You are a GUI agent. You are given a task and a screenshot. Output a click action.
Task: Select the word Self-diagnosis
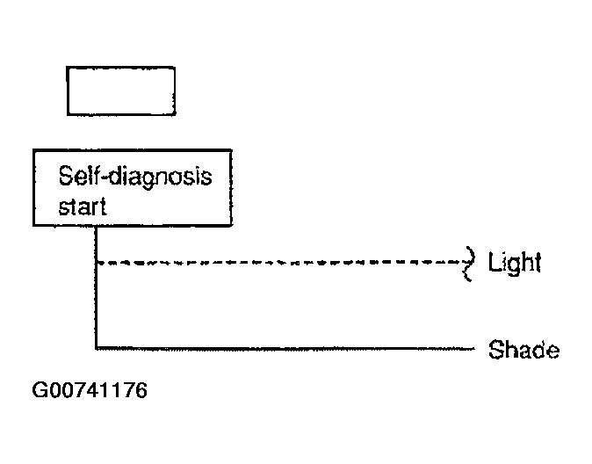pyautogui.click(x=135, y=177)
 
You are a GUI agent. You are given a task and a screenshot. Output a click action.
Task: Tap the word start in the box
pyautogui.click(x=83, y=207)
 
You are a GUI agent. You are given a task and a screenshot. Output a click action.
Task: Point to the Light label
pyautogui.click(x=514, y=262)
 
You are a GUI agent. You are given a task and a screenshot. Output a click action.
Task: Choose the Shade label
pyautogui.click(x=523, y=350)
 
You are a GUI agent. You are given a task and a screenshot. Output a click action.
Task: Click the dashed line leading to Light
pyautogui.click(x=279, y=262)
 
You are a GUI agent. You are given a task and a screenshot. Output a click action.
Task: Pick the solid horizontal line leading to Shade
pyautogui.click(x=285, y=348)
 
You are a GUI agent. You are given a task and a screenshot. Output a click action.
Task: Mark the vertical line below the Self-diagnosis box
pyautogui.click(x=96, y=287)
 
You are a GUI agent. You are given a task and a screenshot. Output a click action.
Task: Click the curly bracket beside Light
pyautogui.click(x=469, y=264)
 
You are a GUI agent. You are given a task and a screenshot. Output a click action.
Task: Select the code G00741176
pyautogui.click(x=90, y=390)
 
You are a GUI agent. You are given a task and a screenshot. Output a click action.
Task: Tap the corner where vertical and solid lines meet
pyautogui.click(x=96, y=348)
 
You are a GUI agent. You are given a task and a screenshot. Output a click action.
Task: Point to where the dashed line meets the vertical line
pyautogui.click(x=97, y=262)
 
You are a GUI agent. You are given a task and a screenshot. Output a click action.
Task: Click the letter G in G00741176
pyautogui.click(x=40, y=390)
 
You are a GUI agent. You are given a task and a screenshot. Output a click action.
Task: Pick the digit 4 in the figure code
pyautogui.click(x=90, y=390)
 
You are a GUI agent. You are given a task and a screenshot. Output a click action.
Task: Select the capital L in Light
pyautogui.click(x=495, y=262)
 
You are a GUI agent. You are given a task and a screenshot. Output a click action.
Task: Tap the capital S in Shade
pyautogui.click(x=496, y=350)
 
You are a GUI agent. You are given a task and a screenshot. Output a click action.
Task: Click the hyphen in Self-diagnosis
pyautogui.click(x=104, y=178)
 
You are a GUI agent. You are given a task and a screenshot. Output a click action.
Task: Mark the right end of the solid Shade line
pyautogui.click(x=474, y=348)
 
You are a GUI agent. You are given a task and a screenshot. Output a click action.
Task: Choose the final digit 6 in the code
pyautogui.click(x=141, y=390)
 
